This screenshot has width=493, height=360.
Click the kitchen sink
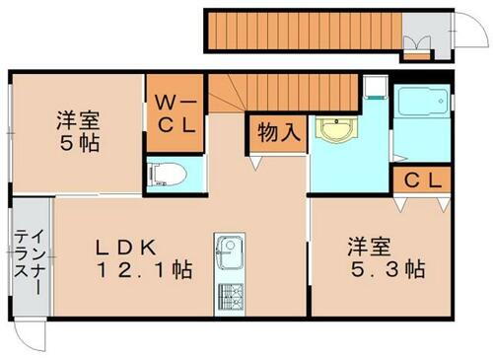tap(229, 250)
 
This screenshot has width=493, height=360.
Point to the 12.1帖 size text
tap(142, 268)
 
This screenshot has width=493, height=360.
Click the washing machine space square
tap(375, 91)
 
